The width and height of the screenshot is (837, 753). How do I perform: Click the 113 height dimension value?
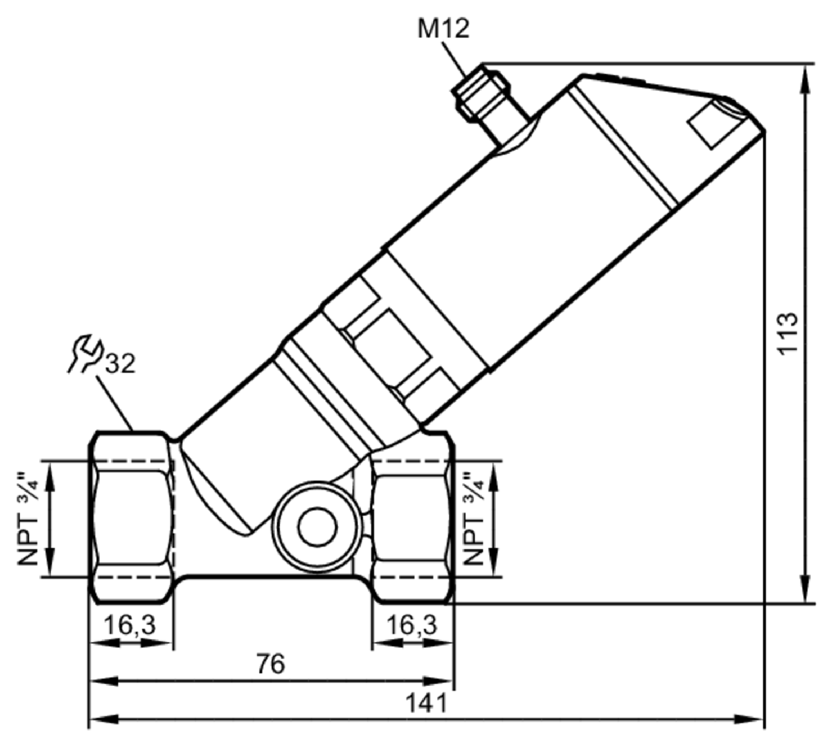click(788, 333)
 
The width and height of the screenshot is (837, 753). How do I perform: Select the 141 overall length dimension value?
click(426, 703)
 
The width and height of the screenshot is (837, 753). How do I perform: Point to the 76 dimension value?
click(271, 664)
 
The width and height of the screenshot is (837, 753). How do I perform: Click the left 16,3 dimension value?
click(130, 625)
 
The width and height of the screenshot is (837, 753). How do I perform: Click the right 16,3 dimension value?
click(412, 625)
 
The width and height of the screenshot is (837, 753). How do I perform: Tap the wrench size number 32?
click(121, 363)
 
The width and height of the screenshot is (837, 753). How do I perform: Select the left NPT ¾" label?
click(28, 519)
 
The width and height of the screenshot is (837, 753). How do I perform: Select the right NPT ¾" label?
click(473, 519)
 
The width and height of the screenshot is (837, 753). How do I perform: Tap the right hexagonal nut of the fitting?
click(413, 517)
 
